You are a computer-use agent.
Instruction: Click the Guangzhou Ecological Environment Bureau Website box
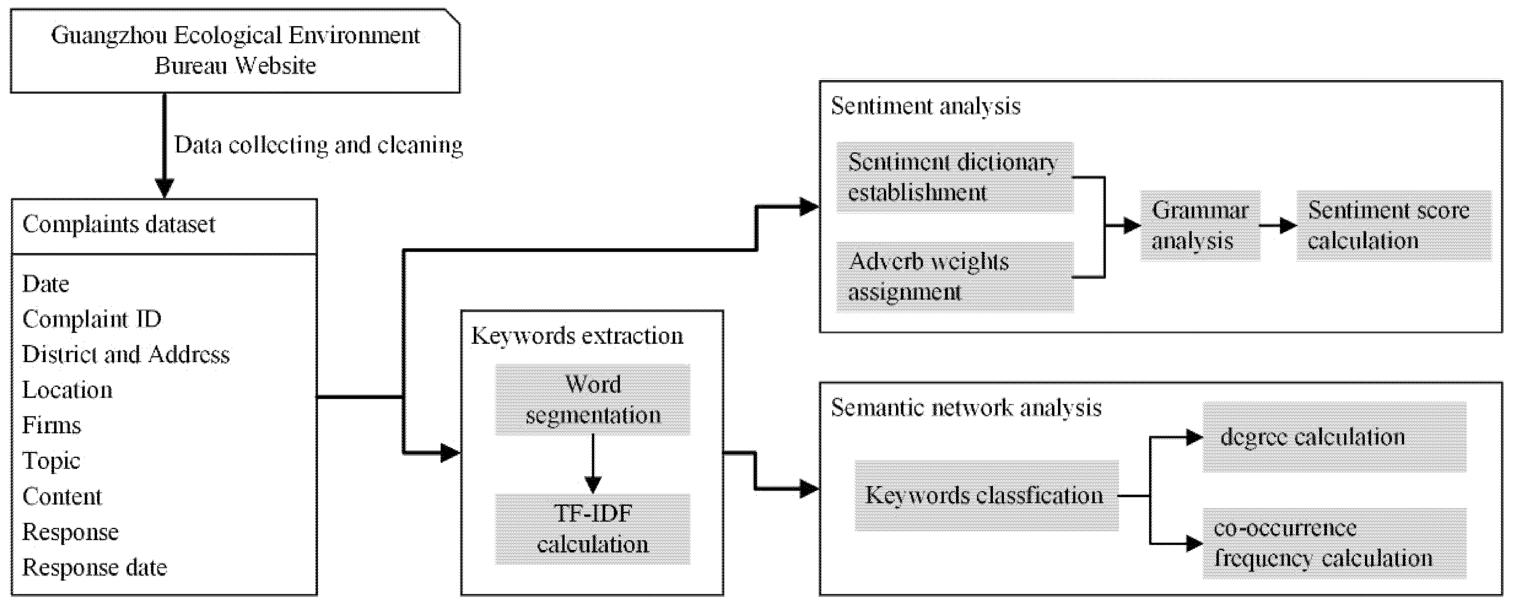tap(235, 50)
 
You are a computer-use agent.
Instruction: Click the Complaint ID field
tap(92, 319)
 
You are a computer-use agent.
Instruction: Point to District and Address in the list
tap(126, 354)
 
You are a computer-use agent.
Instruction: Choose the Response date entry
tap(95, 567)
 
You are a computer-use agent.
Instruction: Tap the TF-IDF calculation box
tap(592, 529)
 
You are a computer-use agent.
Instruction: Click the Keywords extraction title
tap(577, 336)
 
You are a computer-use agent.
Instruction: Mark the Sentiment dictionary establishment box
tap(955, 177)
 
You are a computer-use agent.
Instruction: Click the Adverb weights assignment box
tap(955, 277)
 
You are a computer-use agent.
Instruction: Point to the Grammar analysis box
tap(1200, 226)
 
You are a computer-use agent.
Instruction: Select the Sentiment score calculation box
tap(1393, 226)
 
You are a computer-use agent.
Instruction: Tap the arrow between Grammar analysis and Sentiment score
tap(1278, 226)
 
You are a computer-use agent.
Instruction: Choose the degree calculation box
tap(1334, 437)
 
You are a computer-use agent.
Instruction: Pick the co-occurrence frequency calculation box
tap(1334, 543)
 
